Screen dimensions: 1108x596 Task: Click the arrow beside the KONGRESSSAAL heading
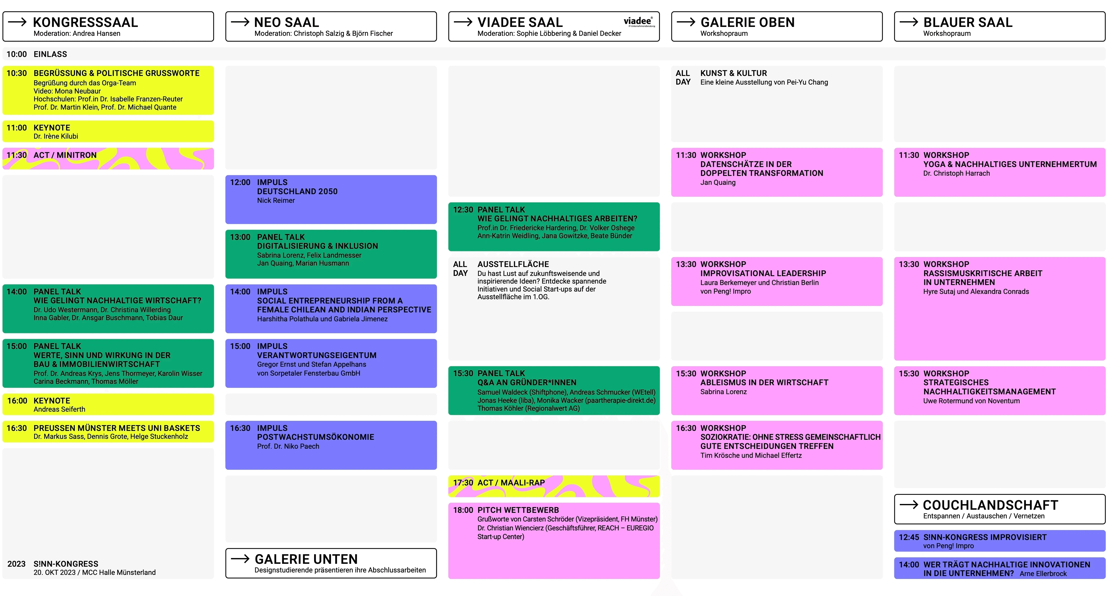[18, 22]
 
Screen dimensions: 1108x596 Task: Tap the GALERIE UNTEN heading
[306, 559]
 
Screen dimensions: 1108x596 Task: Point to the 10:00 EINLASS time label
[16, 54]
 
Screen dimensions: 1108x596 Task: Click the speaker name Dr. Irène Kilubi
[56, 137]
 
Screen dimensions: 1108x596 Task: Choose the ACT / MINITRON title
[65, 155]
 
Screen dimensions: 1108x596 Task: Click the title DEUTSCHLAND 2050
[297, 192]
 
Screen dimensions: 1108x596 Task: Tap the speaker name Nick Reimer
[276, 200]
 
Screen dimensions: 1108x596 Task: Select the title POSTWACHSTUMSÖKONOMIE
[315, 437]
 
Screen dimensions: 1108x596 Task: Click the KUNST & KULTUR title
[733, 73]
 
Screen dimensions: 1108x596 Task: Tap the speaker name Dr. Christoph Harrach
[956, 174]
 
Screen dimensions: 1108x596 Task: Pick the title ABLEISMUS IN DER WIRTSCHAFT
[764, 383]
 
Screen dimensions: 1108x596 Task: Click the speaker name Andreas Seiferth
[59, 409]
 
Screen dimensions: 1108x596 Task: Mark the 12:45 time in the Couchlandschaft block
[908, 537]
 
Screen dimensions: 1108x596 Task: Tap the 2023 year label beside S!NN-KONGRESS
[16, 564]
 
